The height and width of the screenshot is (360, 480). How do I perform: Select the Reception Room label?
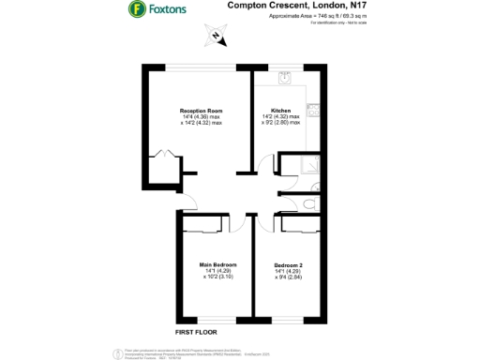click(x=201, y=111)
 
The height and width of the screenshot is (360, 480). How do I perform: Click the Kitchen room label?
click(x=280, y=111)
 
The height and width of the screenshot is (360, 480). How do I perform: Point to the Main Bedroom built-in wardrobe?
click(x=203, y=223)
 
